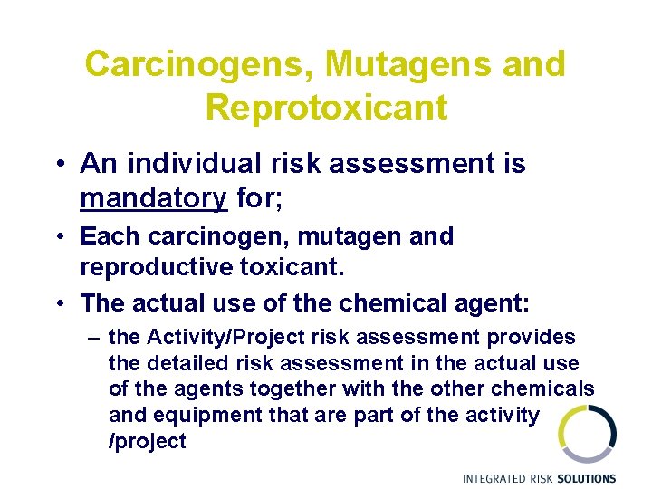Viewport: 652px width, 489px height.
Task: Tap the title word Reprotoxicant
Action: click(x=326, y=108)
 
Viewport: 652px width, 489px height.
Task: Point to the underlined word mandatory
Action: click(x=153, y=197)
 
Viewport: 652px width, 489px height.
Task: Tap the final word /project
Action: click(x=147, y=442)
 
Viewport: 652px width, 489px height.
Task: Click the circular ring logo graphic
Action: click(x=587, y=433)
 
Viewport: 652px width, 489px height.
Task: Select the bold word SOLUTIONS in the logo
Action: click(x=586, y=478)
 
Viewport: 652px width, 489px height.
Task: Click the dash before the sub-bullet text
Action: click(x=94, y=338)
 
